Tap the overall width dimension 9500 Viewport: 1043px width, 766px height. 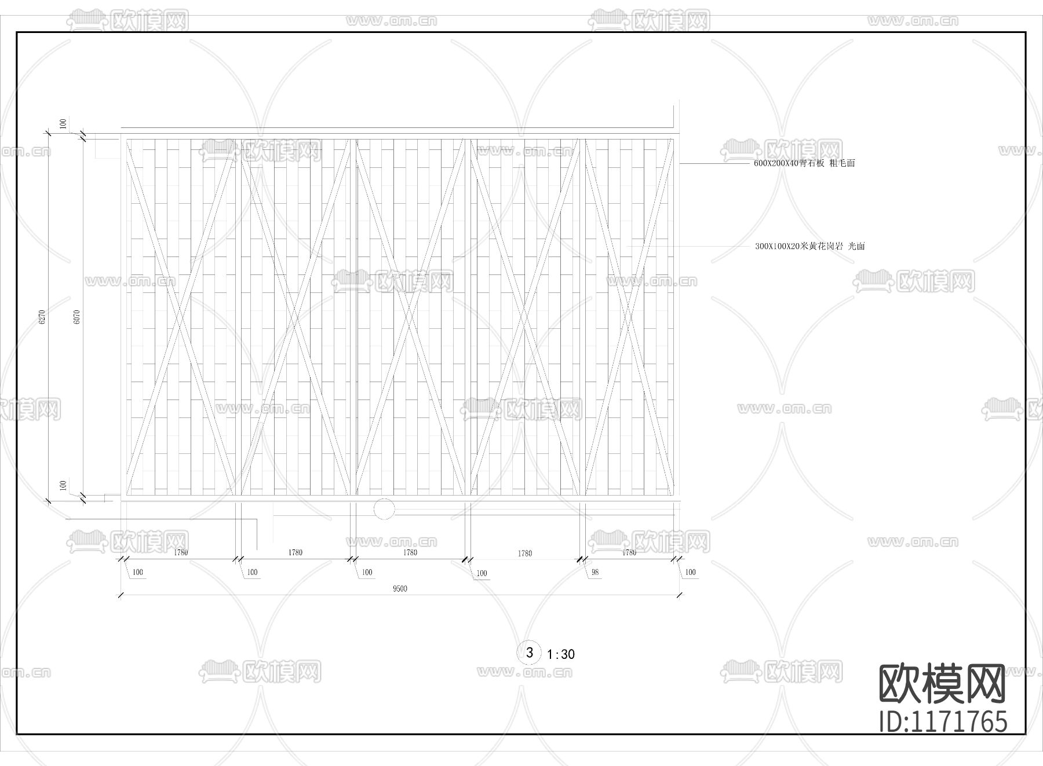click(x=400, y=589)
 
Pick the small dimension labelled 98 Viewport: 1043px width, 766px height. click(x=595, y=573)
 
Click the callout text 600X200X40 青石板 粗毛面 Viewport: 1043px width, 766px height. click(x=804, y=163)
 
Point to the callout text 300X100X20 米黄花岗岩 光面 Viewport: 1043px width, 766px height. click(x=809, y=246)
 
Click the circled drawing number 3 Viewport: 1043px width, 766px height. click(x=529, y=653)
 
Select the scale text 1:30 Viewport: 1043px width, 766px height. click(x=561, y=654)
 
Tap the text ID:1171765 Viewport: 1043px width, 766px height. click(x=943, y=722)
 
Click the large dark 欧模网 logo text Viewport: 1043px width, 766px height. click(x=943, y=683)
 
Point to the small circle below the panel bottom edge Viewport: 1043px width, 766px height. click(x=384, y=509)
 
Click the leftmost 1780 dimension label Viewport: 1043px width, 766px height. click(x=181, y=552)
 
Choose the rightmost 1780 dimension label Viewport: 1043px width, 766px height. click(x=629, y=552)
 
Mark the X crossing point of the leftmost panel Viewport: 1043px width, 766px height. click(x=180, y=316)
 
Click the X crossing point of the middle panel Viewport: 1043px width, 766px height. click(x=410, y=316)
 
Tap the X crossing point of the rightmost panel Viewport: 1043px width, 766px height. click(x=629, y=316)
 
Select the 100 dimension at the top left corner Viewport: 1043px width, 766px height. click(x=63, y=123)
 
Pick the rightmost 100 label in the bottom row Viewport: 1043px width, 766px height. click(x=690, y=573)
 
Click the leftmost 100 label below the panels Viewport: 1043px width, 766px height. click(x=138, y=573)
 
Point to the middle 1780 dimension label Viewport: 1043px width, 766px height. click(x=410, y=552)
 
